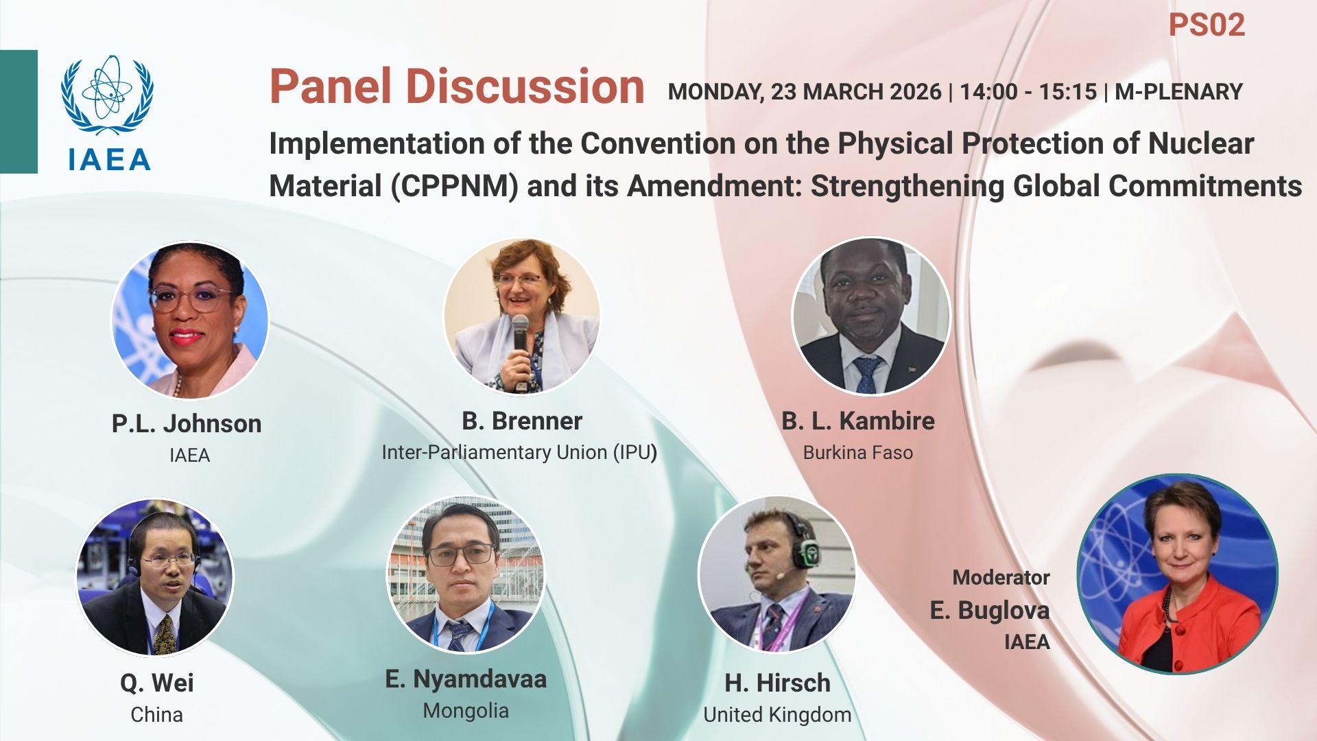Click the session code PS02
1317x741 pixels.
coord(1207,25)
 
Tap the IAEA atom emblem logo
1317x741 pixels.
coord(107,95)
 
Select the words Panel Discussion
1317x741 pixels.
coord(457,86)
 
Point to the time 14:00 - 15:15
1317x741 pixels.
coord(1028,92)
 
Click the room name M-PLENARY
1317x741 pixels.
coord(1178,92)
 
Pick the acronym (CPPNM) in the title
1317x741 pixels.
coord(455,187)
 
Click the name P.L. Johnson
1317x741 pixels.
coord(187,423)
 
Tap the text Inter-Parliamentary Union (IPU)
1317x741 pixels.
coord(519,452)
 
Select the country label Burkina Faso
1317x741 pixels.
coord(858,453)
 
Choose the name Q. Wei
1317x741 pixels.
coord(157,683)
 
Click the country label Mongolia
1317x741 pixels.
coord(466,711)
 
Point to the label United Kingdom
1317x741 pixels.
coord(777,715)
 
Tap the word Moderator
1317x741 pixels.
coord(1001,578)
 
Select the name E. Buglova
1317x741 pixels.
coord(990,610)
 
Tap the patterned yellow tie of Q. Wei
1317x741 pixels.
coord(165,635)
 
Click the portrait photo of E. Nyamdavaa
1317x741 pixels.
coord(466,574)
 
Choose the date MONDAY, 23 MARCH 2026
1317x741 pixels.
coord(805,92)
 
